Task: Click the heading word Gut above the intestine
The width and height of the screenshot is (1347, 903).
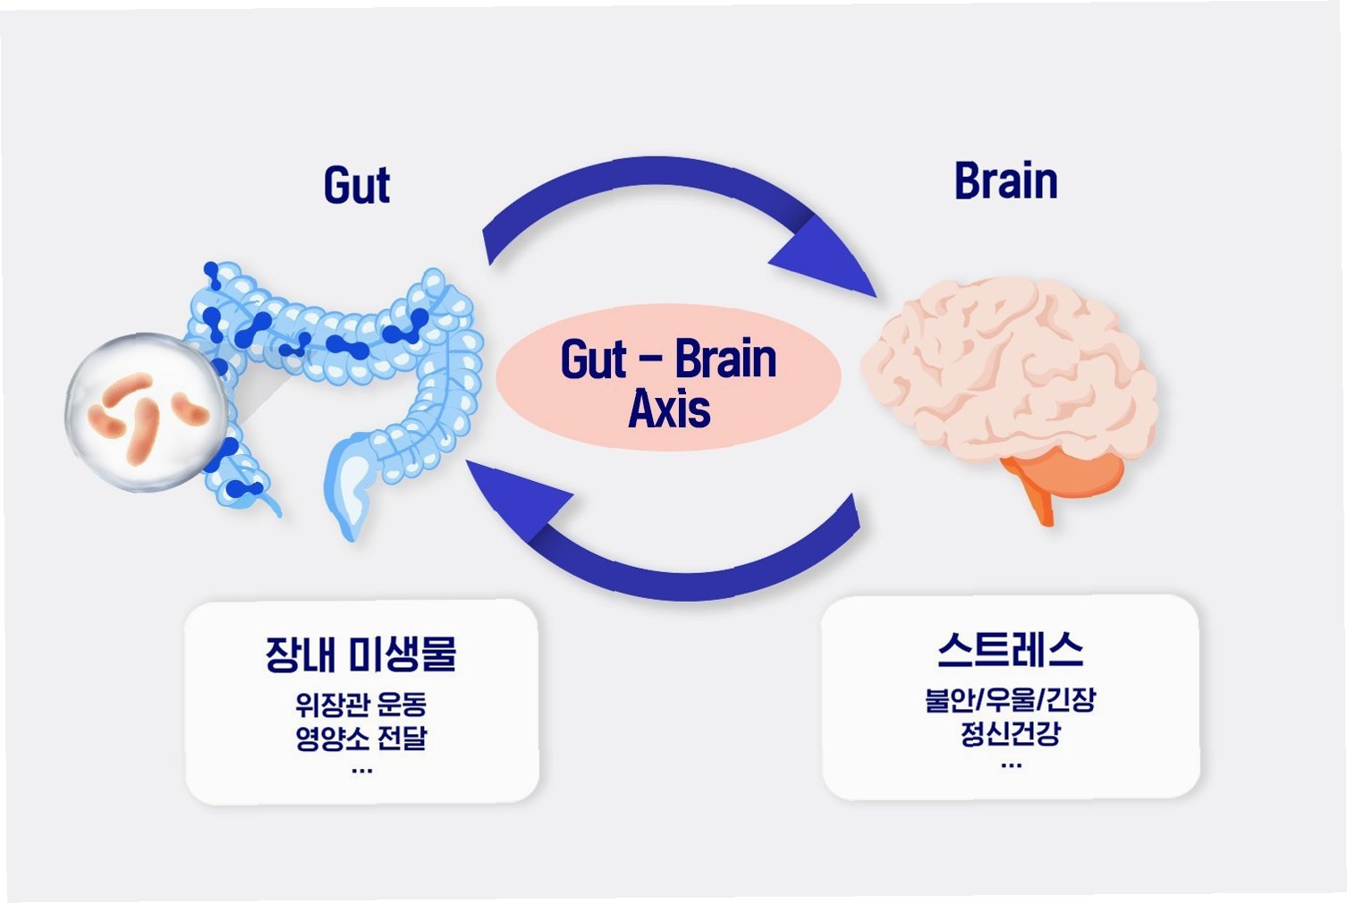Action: point(357,185)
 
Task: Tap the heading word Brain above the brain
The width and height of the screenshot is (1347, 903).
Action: point(1005,181)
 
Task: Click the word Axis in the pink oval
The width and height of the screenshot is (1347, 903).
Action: point(669,409)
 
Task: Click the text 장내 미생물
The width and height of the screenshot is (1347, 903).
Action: point(360,654)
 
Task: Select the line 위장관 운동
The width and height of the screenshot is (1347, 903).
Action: point(360,705)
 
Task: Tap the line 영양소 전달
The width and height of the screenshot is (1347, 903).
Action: point(360,738)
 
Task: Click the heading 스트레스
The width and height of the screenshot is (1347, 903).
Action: point(1011,650)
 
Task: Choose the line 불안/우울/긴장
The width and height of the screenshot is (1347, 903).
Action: point(1011,699)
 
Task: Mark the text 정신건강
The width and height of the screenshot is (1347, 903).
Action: point(1011,733)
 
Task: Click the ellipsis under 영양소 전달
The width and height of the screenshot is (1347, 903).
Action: point(361,770)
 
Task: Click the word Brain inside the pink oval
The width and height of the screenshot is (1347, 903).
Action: point(725,359)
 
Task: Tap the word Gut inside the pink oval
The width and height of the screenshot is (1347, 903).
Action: point(593,359)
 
